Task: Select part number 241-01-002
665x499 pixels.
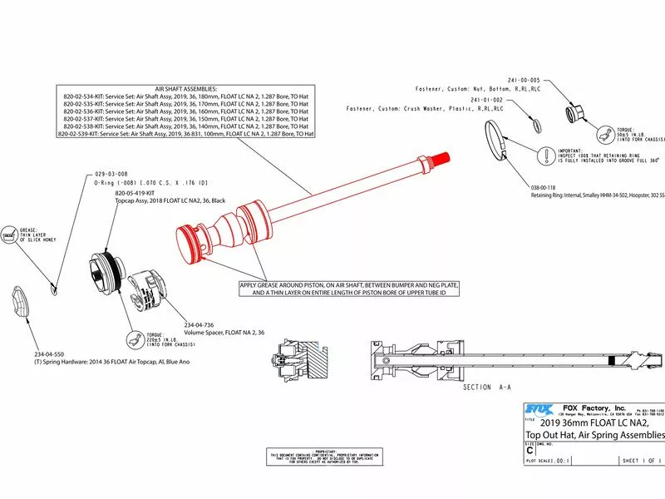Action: point(487,99)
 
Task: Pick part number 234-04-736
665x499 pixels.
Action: point(200,324)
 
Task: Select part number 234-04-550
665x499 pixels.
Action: point(52,353)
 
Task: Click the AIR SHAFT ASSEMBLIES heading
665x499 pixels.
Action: point(186,87)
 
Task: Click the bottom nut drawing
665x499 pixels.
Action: point(573,112)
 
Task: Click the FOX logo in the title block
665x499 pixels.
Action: point(539,408)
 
